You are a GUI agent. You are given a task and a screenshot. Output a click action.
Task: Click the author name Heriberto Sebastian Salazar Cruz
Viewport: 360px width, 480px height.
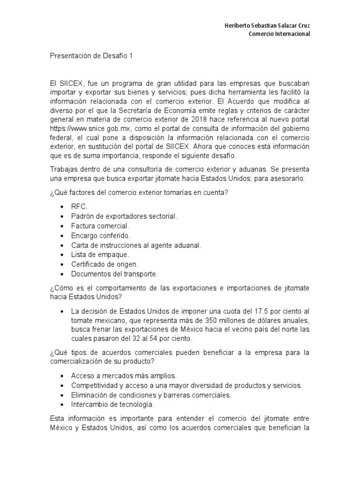point(267,25)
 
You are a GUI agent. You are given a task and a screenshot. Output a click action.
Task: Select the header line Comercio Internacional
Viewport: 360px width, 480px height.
point(279,34)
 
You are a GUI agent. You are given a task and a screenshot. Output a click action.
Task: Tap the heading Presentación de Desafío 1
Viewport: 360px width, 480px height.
point(92,56)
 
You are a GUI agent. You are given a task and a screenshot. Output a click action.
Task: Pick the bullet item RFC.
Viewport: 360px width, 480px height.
point(79,206)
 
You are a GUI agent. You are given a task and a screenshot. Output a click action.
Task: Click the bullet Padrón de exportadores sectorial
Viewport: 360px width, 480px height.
point(124,216)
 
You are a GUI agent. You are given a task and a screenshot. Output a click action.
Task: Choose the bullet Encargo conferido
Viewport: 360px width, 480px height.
point(100,235)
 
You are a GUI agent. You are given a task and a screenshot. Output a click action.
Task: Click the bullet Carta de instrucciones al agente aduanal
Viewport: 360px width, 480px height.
point(136,245)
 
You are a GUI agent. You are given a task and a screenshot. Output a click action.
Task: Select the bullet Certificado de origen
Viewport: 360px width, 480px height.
point(105,264)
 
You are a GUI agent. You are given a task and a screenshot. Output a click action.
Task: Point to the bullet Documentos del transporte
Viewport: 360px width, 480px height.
point(114,274)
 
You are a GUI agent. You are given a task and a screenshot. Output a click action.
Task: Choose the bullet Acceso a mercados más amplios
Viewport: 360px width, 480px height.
point(123,376)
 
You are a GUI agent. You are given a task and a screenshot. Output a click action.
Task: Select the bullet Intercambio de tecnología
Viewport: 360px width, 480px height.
point(112,405)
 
